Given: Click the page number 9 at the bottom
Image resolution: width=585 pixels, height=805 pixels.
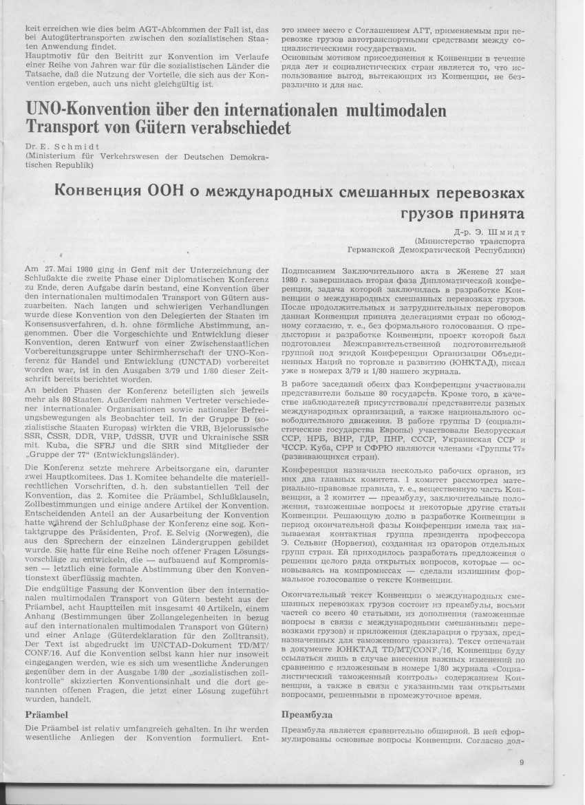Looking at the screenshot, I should click(522, 762).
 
